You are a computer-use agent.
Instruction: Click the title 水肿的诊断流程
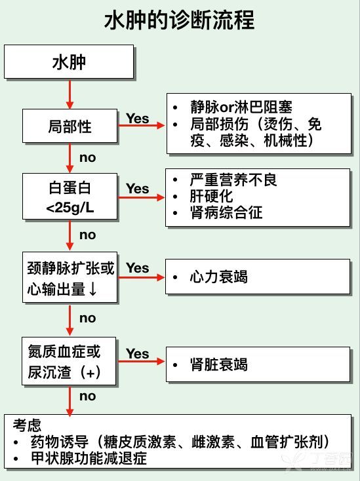180,20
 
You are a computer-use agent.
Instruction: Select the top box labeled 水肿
69,62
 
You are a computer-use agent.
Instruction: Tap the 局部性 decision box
70,126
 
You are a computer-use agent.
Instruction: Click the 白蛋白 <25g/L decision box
70,197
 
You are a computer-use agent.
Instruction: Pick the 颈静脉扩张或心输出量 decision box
70,277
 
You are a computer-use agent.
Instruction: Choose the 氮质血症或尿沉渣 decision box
69,361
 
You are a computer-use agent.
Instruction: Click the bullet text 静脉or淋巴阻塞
241,107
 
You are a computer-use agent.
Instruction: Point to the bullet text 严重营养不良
233,180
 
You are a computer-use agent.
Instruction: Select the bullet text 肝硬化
211,196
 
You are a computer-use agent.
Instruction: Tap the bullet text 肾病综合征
226,212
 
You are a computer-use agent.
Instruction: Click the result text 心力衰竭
218,277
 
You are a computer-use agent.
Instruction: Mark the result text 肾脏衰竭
218,364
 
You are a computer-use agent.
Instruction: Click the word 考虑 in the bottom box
27,425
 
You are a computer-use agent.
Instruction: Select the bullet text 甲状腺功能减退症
89,458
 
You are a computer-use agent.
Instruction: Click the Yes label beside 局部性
138,119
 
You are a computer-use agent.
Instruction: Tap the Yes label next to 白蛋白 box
138,189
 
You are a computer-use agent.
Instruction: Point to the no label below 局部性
88,158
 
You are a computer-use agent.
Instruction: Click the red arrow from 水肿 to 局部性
70,94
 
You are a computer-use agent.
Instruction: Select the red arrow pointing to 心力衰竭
142,278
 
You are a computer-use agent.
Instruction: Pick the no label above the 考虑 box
88,396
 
